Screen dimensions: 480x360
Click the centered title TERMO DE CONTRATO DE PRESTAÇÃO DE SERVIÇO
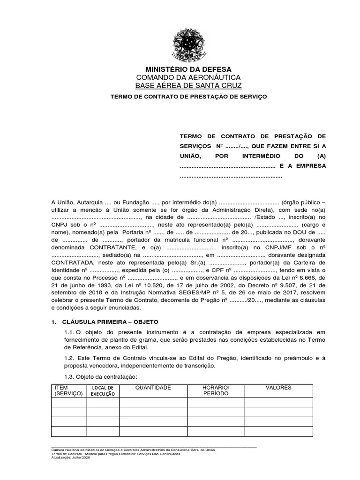pyautogui.click(x=188, y=96)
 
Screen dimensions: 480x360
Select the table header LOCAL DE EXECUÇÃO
pyautogui.click(x=103, y=391)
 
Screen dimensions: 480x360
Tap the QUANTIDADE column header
pyautogui.click(x=153, y=388)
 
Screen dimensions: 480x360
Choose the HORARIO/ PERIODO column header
pyautogui.click(x=216, y=390)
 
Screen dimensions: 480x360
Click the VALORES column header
pyautogui.click(x=278, y=388)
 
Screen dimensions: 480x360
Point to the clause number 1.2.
pyautogui.click(x=69, y=358)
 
